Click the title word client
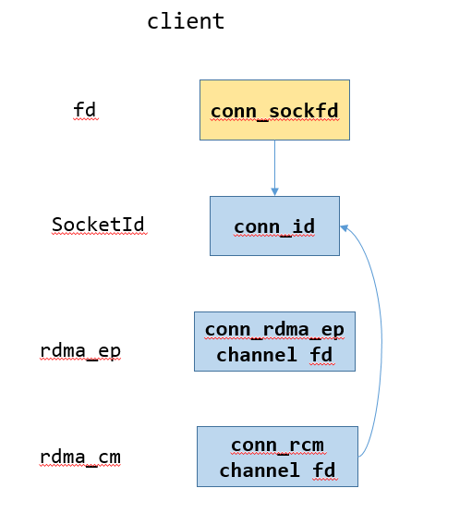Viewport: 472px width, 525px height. coord(186,21)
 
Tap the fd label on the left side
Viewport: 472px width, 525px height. coord(84,110)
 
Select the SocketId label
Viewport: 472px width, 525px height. coord(98,225)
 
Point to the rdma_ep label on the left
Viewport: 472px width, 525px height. coord(80,351)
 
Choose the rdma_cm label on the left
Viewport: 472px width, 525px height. coord(80,457)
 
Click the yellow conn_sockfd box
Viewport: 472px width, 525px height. coord(274,110)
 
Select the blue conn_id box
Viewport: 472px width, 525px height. coord(274,226)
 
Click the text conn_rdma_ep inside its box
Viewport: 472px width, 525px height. coord(274,330)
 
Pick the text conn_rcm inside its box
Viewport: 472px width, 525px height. coord(277,446)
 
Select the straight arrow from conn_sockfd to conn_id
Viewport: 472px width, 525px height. coord(274,166)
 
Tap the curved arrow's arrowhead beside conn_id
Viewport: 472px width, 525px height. coord(345,227)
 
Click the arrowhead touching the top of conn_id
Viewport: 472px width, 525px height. coord(274,191)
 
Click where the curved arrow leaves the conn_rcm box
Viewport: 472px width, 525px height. coord(359,456)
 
